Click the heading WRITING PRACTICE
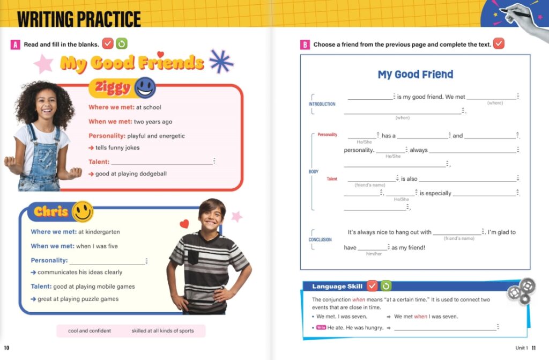[x=79, y=19]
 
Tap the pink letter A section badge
[x=16, y=45]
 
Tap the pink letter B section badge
[x=305, y=45]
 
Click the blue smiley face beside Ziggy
[x=145, y=87]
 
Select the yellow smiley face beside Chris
[x=83, y=211]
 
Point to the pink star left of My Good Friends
[x=43, y=64]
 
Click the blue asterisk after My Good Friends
[x=221, y=61]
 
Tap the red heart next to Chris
[x=184, y=224]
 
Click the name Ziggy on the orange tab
[x=113, y=87]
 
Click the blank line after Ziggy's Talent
[x=162, y=162]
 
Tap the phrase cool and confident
[x=90, y=331]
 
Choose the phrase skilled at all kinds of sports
[x=162, y=331]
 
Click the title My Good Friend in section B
[x=416, y=75]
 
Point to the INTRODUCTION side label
[x=322, y=104]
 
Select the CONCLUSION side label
[x=320, y=240]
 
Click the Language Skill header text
[x=337, y=286]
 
